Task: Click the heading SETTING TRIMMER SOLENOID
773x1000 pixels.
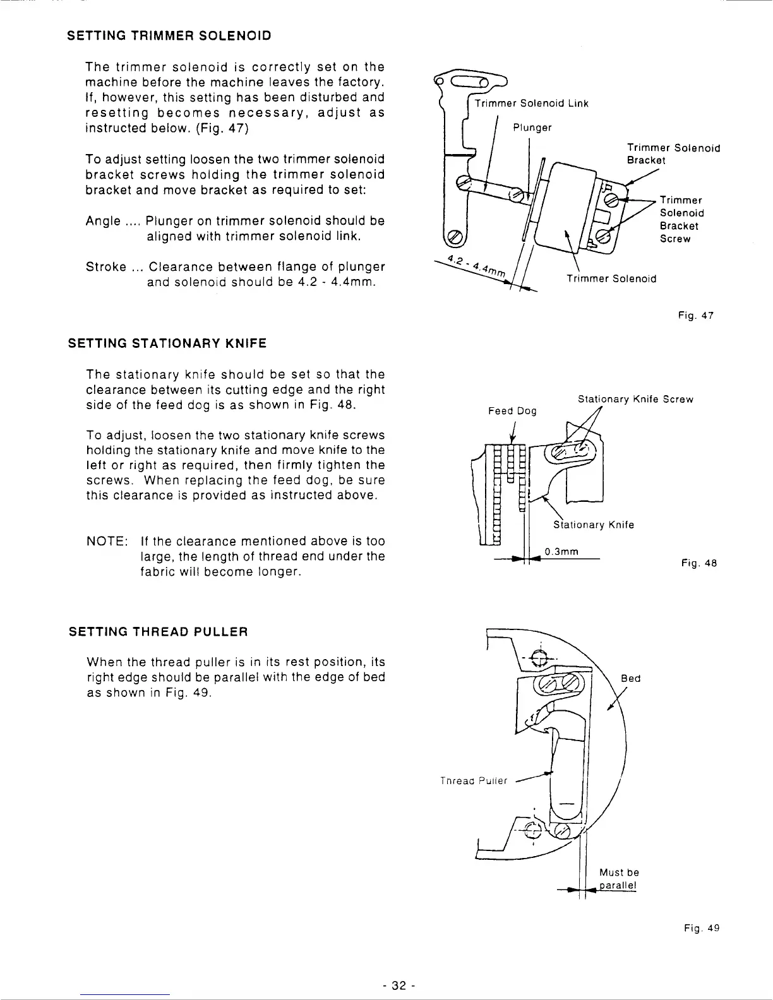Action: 169,35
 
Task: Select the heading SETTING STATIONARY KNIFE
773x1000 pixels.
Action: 167,343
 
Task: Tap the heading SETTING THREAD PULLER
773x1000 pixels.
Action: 158,632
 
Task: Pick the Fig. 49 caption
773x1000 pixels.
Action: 701,928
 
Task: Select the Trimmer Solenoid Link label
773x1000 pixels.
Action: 531,104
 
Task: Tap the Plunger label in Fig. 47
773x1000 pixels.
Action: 532,128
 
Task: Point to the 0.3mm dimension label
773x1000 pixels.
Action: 561,552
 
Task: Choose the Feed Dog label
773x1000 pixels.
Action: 512,411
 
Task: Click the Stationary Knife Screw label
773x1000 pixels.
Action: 635,399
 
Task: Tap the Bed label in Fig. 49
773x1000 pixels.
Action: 630,679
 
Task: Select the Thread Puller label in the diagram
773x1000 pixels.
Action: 473,781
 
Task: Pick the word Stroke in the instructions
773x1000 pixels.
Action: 105,267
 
